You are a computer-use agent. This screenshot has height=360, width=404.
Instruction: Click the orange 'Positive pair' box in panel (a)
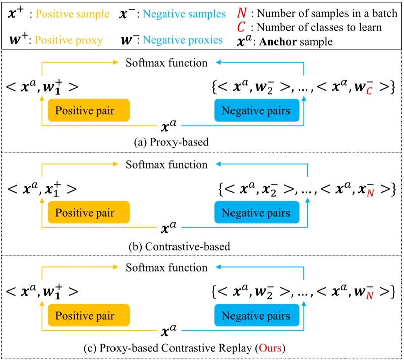89,110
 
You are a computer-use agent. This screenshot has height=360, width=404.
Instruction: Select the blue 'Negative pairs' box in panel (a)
256,110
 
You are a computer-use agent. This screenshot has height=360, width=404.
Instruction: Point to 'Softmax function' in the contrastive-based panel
166,164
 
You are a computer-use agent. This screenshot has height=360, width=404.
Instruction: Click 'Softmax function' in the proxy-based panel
166,63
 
